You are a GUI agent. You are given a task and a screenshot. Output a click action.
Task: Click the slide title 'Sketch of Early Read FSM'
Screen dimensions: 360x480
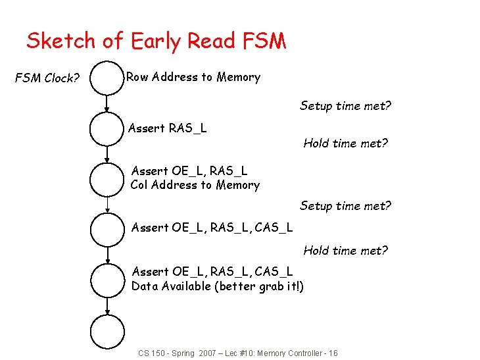coord(156,41)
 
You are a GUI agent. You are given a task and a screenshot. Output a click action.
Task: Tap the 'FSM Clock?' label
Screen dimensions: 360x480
coord(47,78)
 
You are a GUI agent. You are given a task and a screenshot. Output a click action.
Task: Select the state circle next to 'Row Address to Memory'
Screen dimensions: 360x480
coord(107,78)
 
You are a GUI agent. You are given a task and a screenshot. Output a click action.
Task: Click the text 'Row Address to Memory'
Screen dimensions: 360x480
coord(193,77)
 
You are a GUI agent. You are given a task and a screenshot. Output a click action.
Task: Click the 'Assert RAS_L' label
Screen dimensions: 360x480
coord(167,128)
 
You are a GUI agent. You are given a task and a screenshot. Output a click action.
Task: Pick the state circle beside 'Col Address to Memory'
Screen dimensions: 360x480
coord(107,178)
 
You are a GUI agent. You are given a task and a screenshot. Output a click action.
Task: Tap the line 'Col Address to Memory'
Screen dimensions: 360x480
coord(195,185)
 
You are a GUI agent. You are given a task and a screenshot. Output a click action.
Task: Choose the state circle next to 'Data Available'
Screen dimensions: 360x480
coord(107,280)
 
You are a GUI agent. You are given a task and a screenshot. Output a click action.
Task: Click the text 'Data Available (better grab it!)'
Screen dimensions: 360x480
coord(218,286)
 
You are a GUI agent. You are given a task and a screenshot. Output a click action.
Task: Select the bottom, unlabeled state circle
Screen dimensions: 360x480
coord(107,332)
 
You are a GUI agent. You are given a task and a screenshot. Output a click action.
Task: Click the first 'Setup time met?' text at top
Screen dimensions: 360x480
coord(345,105)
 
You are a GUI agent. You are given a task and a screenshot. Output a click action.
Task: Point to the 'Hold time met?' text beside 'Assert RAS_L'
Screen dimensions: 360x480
coord(345,143)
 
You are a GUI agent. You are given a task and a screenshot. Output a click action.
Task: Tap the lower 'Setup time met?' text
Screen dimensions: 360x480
coord(345,206)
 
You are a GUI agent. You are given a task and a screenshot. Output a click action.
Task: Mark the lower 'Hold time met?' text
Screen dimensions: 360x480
coord(345,250)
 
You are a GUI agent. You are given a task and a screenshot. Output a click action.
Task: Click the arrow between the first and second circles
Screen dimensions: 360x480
coord(107,103)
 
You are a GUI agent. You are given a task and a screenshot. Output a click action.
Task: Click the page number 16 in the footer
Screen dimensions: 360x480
coord(333,353)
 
